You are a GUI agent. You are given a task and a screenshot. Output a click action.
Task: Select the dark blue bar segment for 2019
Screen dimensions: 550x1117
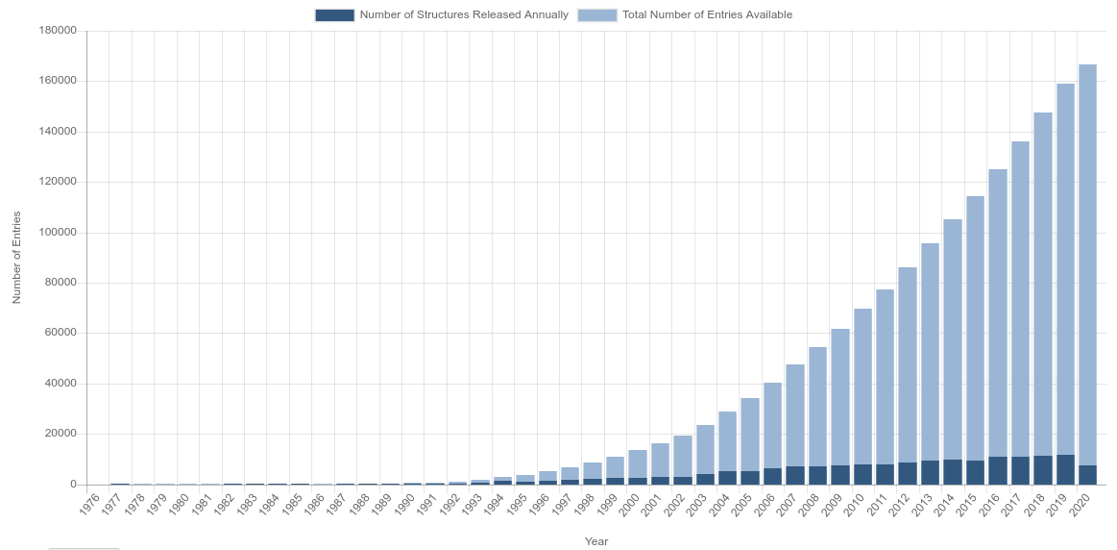[1065, 469]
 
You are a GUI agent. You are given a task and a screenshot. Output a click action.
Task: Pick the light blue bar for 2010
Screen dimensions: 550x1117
[862, 385]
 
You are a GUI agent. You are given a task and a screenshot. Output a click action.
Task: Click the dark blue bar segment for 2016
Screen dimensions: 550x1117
[998, 470]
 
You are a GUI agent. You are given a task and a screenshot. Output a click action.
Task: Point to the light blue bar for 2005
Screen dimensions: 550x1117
[750, 433]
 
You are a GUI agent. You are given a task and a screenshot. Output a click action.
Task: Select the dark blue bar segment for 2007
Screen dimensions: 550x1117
[795, 475]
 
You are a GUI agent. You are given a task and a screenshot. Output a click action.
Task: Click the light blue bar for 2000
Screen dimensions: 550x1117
[638, 462]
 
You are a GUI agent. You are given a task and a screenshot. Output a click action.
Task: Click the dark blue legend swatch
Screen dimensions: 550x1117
[334, 15]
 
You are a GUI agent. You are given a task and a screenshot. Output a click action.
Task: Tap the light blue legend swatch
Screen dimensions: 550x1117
[597, 15]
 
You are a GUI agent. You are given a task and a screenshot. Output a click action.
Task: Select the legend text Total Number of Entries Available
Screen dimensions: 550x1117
[707, 15]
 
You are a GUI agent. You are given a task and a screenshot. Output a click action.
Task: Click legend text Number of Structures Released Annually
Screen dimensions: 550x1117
[464, 15]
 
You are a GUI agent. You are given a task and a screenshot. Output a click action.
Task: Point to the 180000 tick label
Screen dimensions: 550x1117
[58, 31]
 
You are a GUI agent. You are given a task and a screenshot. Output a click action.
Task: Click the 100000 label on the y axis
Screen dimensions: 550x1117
[58, 233]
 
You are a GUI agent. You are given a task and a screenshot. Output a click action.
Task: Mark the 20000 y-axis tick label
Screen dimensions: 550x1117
[61, 434]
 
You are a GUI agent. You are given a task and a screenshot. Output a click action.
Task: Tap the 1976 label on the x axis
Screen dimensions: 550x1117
[89, 505]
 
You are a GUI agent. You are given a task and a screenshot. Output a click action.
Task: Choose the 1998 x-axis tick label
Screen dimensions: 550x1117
[584, 505]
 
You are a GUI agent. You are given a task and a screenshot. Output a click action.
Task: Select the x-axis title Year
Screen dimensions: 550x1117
[596, 541]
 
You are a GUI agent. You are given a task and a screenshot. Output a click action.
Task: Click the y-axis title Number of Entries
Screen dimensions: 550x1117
[16, 258]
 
